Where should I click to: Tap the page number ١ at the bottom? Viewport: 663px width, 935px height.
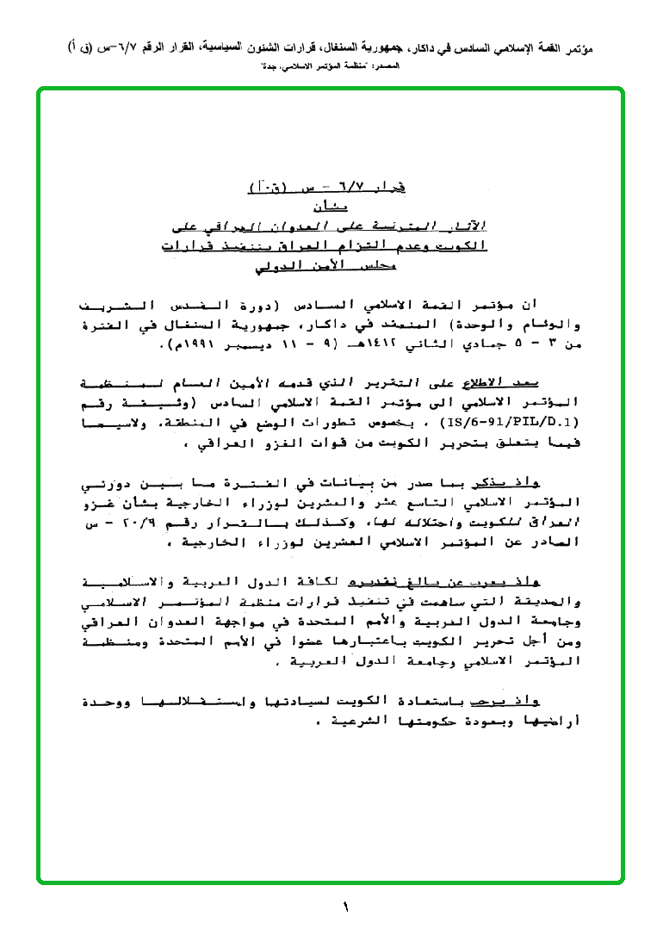[x=345, y=907]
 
